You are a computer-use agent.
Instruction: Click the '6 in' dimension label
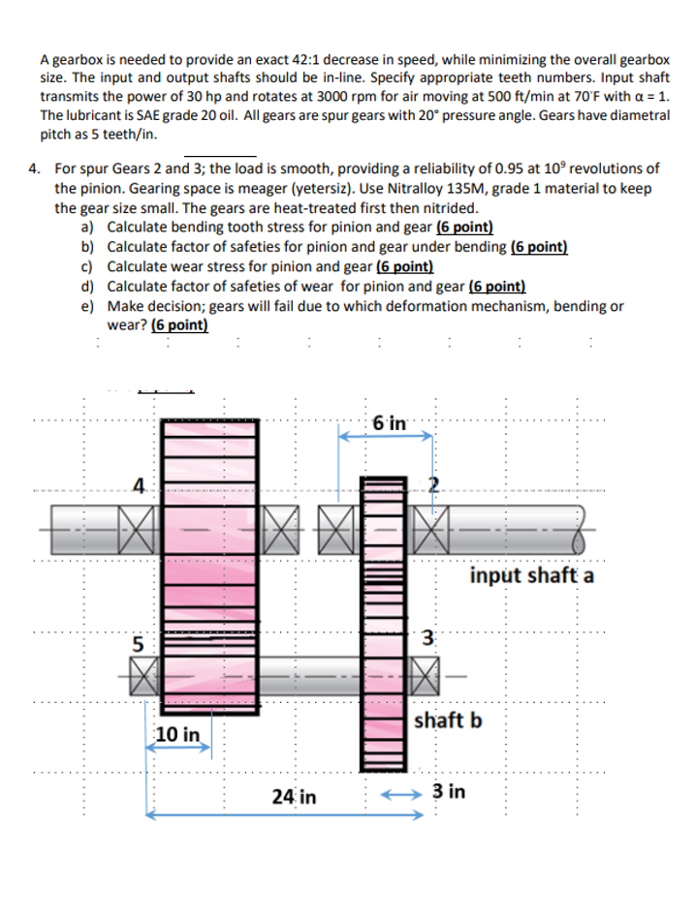coord(390,423)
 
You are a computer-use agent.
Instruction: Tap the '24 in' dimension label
coord(294,797)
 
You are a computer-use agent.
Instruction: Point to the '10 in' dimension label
coord(177,735)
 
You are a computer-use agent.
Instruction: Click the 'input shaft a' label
coord(532,576)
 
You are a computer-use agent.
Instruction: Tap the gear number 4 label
coord(140,487)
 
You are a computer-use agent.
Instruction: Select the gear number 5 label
coord(140,640)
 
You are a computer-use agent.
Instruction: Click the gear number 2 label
coord(435,487)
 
